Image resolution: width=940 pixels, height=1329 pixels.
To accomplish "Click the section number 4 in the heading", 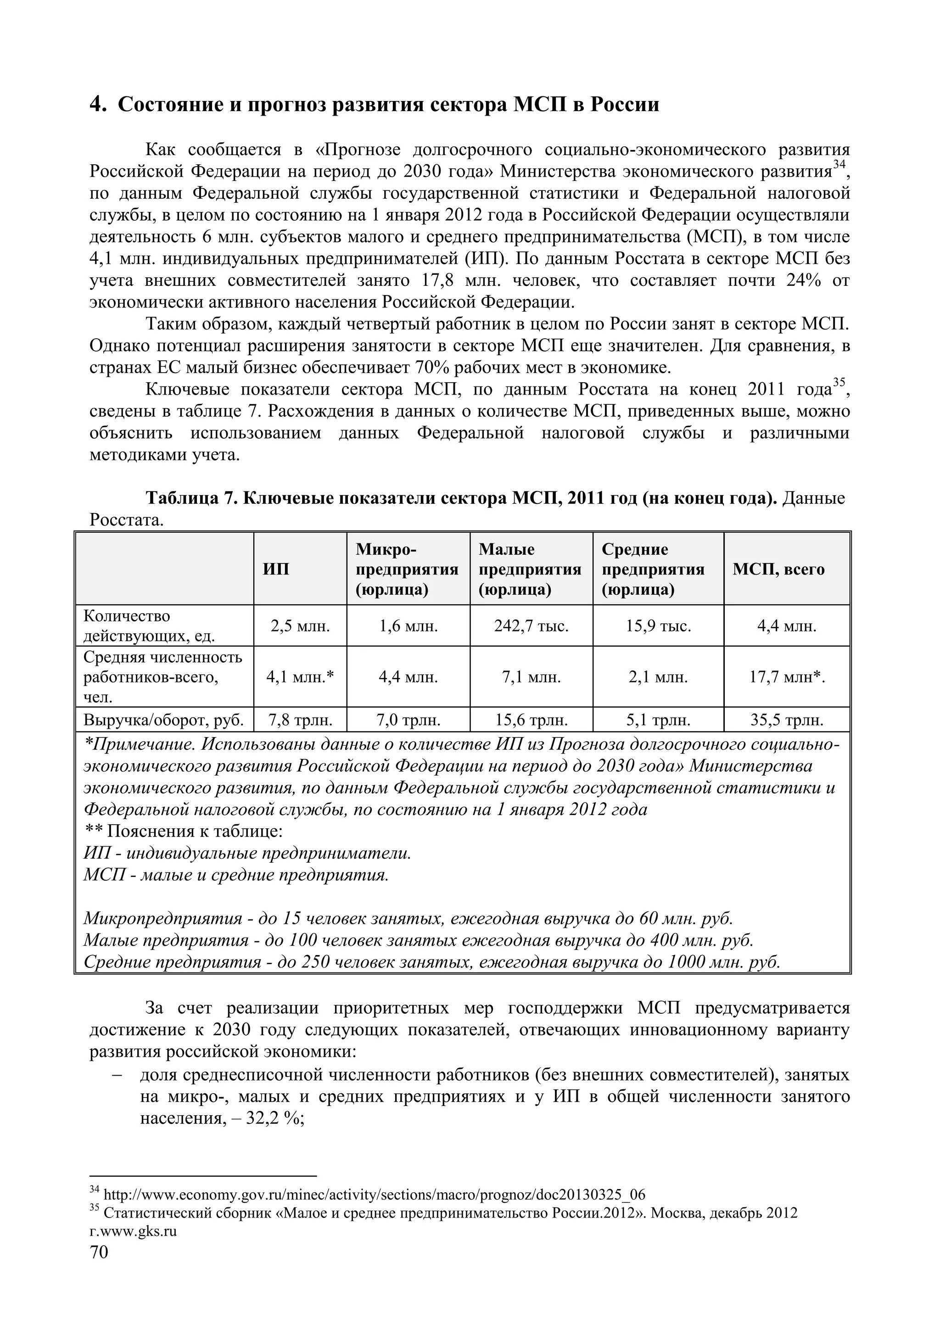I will (97, 104).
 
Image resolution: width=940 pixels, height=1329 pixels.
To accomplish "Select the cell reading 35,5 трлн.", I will (787, 720).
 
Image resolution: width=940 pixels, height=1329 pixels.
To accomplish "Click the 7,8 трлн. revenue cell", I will (300, 720).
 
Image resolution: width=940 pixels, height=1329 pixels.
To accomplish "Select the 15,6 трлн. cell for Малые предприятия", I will (531, 720).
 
